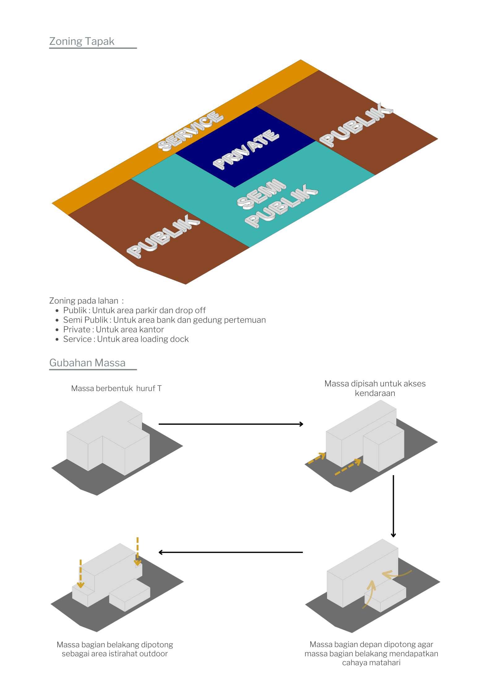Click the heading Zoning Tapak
pyautogui.click(x=82, y=41)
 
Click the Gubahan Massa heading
pyautogui.click(x=87, y=363)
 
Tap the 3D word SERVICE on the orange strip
pyautogui.click(x=190, y=131)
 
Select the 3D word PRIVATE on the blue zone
pyautogui.click(x=246, y=149)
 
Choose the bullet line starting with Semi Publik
pyautogui.click(x=164, y=320)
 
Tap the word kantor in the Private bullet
pyautogui.click(x=152, y=330)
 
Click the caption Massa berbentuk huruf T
pyautogui.click(x=116, y=388)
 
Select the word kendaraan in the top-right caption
pyautogui.click(x=375, y=393)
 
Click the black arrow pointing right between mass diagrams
pyautogui.click(x=231, y=424)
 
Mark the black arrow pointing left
pyautogui.click(x=231, y=552)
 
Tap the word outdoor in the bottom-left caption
pyautogui.click(x=153, y=654)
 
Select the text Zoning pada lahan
pyautogui.click(x=84, y=301)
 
